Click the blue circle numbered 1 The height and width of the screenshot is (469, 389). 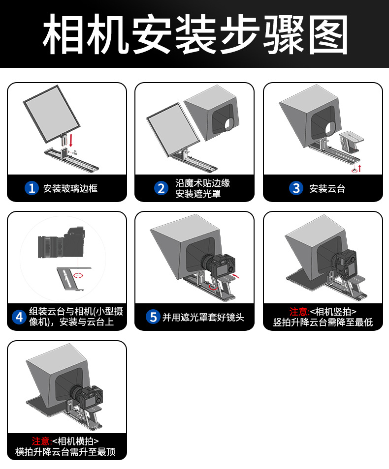click(32, 188)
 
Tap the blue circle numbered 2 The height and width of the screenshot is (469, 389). click(161, 188)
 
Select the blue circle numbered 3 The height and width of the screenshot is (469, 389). click(296, 188)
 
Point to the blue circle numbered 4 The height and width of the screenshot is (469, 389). click(19, 317)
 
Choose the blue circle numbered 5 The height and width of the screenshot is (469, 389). click(153, 317)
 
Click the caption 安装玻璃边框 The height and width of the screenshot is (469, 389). click(70, 188)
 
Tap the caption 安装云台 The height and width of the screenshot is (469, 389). click(327, 188)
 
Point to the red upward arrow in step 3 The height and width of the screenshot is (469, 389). click(359, 168)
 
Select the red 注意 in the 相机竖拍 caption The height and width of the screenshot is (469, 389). click(299, 311)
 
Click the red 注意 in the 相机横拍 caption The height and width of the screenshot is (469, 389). click(41, 440)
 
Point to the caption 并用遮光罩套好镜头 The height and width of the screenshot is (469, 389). click(203, 317)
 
